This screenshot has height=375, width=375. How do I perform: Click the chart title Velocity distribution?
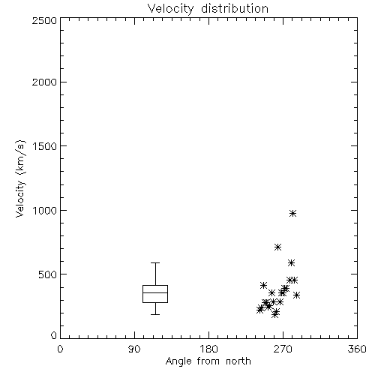[x=208, y=9]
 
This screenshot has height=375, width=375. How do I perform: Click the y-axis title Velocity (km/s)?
[x=20, y=178]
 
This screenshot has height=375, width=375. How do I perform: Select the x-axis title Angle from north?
[x=208, y=361]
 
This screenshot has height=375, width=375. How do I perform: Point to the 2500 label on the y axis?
[x=44, y=20]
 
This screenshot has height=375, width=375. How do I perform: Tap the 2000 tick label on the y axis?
[x=44, y=82]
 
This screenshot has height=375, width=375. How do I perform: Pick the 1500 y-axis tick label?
[x=45, y=146]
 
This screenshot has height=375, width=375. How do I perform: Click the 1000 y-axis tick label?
[x=45, y=211]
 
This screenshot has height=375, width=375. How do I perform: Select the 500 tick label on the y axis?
[x=48, y=274]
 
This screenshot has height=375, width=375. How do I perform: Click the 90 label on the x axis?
[x=134, y=349]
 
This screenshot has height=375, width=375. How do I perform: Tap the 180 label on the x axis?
[x=208, y=349]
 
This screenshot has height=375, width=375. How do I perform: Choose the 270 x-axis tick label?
[x=283, y=349]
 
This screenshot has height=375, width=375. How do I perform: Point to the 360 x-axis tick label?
[x=357, y=349]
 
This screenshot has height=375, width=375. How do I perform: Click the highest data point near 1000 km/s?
[x=293, y=214]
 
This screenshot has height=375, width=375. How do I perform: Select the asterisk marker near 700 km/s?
[x=277, y=247]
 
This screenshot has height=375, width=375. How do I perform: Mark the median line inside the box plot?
[x=155, y=292]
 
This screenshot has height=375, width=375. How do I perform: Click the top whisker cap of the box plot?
[x=155, y=262]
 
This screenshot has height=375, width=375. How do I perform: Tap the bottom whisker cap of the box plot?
[x=155, y=314]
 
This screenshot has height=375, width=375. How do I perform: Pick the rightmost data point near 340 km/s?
[x=296, y=295]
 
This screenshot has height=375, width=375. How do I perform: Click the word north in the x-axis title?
[x=238, y=361]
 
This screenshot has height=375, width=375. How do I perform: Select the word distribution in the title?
[x=235, y=9]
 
